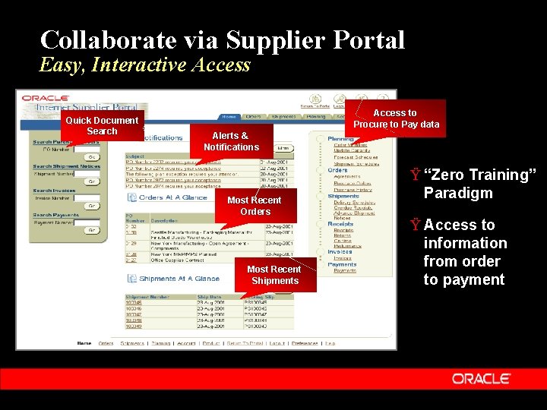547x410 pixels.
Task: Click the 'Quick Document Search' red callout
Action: pyautogui.click(x=102, y=126)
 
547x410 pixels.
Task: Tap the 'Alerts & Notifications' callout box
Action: pyautogui.click(x=231, y=141)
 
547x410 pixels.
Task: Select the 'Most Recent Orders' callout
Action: pyautogui.click(x=255, y=206)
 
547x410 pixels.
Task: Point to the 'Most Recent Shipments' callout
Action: pyautogui.click(x=274, y=275)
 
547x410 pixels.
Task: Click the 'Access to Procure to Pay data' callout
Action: pyautogui.click(x=396, y=118)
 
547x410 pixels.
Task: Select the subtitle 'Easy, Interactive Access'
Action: pyautogui.click(x=145, y=65)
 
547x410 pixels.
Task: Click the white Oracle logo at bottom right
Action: pyautogui.click(x=482, y=378)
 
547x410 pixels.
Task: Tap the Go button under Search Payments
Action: pyautogui.click(x=91, y=231)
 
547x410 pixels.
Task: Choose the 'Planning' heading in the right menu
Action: pyautogui.click(x=340, y=139)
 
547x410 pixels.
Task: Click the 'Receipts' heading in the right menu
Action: pyautogui.click(x=340, y=224)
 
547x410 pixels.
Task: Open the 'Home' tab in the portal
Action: pyautogui.click(x=229, y=116)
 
